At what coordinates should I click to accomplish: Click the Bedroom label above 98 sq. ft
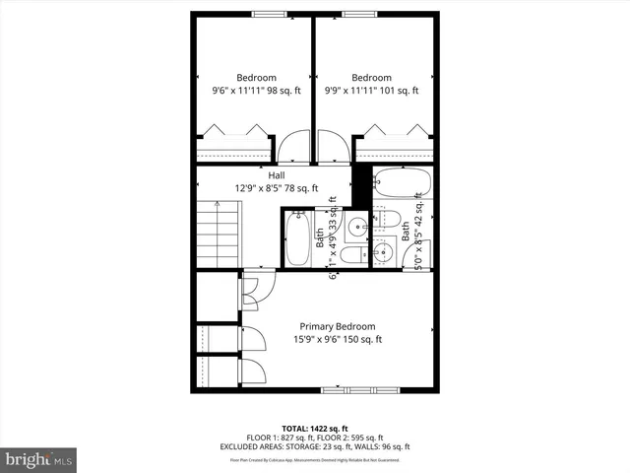(257, 78)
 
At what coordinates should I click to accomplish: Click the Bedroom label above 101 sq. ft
(371, 78)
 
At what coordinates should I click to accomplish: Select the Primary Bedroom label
(337, 326)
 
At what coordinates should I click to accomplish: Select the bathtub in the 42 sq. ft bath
(401, 184)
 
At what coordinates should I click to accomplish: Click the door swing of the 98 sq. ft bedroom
(292, 148)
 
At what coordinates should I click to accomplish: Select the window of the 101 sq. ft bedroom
(358, 13)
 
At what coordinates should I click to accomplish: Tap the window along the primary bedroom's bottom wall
(355, 390)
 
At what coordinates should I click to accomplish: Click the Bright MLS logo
(39, 458)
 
